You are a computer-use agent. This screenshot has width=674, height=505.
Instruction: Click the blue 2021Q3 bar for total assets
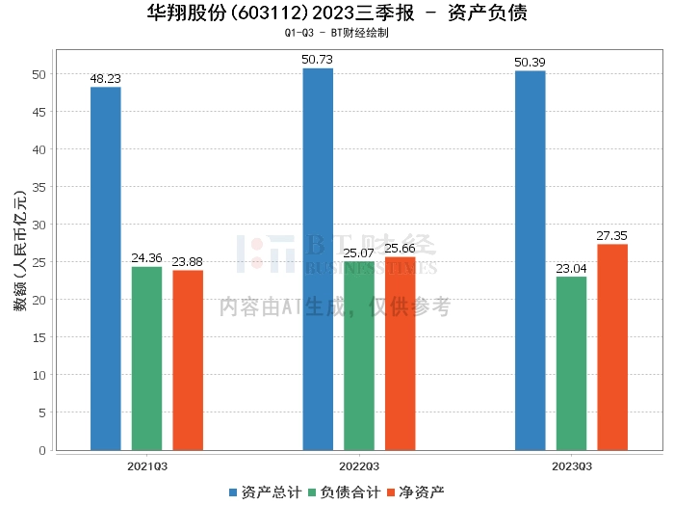click(x=106, y=269)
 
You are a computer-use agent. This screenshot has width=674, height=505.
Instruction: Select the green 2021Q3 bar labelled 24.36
click(x=147, y=359)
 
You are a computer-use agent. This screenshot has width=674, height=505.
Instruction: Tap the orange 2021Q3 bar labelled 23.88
click(x=188, y=360)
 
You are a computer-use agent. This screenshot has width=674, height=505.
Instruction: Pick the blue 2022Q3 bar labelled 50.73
click(x=318, y=259)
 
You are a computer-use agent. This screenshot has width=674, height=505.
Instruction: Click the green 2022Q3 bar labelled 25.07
click(x=359, y=357)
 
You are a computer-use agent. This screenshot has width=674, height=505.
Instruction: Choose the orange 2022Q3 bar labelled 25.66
click(x=401, y=354)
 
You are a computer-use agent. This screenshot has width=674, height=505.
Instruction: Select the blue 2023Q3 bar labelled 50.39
click(x=531, y=260)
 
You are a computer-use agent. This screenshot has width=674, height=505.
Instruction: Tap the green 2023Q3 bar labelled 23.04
click(x=571, y=363)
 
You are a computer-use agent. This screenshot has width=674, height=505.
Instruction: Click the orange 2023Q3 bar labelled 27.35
click(x=612, y=348)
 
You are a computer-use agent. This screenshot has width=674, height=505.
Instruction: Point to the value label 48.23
click(x=106, y=79)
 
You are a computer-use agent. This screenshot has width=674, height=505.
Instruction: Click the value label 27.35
click(x=612, y=236)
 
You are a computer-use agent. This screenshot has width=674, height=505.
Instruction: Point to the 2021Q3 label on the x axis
click(x=147, y=466)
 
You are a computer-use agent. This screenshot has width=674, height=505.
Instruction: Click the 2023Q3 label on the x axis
click(x=572, y=466)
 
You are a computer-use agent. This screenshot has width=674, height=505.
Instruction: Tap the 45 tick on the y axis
click(x=39, y=112)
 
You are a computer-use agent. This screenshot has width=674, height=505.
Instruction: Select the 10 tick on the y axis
click(x=39, y=375)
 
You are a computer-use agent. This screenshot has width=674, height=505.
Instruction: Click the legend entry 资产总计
click(x=266, y=492)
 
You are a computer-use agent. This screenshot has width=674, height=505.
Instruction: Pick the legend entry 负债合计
click(x=345, y=492)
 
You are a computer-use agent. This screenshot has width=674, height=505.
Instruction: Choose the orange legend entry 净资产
click(x=416, y=492)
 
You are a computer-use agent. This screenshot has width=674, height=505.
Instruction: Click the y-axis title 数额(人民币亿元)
click(x=20, y=251)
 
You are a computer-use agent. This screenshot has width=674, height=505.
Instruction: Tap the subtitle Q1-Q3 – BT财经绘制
click(x=337, y=33)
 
